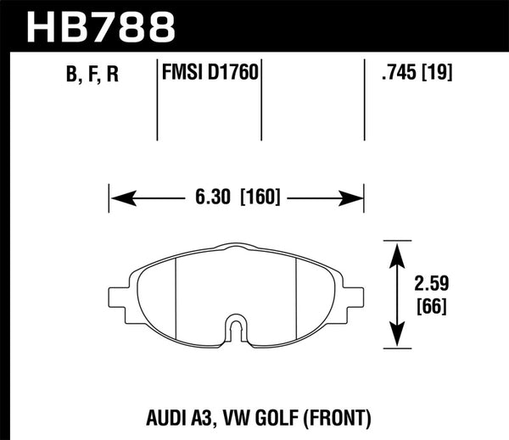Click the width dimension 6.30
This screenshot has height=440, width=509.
[213, 199]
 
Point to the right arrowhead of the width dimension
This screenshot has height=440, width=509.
[355, 199]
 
